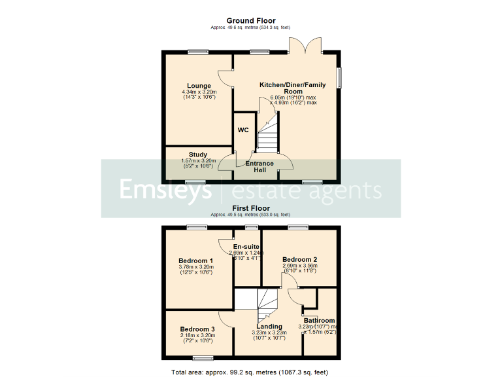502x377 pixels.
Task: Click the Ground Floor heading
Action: pos(251,21)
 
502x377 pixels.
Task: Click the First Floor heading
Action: pos(251,208)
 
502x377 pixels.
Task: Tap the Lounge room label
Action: pos(199,86)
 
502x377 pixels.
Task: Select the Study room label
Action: pos(198,155)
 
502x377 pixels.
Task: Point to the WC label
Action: pos(243,130)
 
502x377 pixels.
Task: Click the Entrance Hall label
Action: pos(259,166)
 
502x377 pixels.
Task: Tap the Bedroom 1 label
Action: pos(196,260)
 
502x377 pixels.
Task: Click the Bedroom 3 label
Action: pos(197,329)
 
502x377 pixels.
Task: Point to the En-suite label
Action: pos(246,247)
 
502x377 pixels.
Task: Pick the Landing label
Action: pos(269,326)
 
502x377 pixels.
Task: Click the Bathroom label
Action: pos(319,321)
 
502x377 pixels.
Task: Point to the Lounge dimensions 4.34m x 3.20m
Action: pos(199,92)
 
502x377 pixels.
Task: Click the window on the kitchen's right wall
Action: pos(339,77)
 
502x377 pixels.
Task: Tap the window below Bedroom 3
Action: pos(203,358)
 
